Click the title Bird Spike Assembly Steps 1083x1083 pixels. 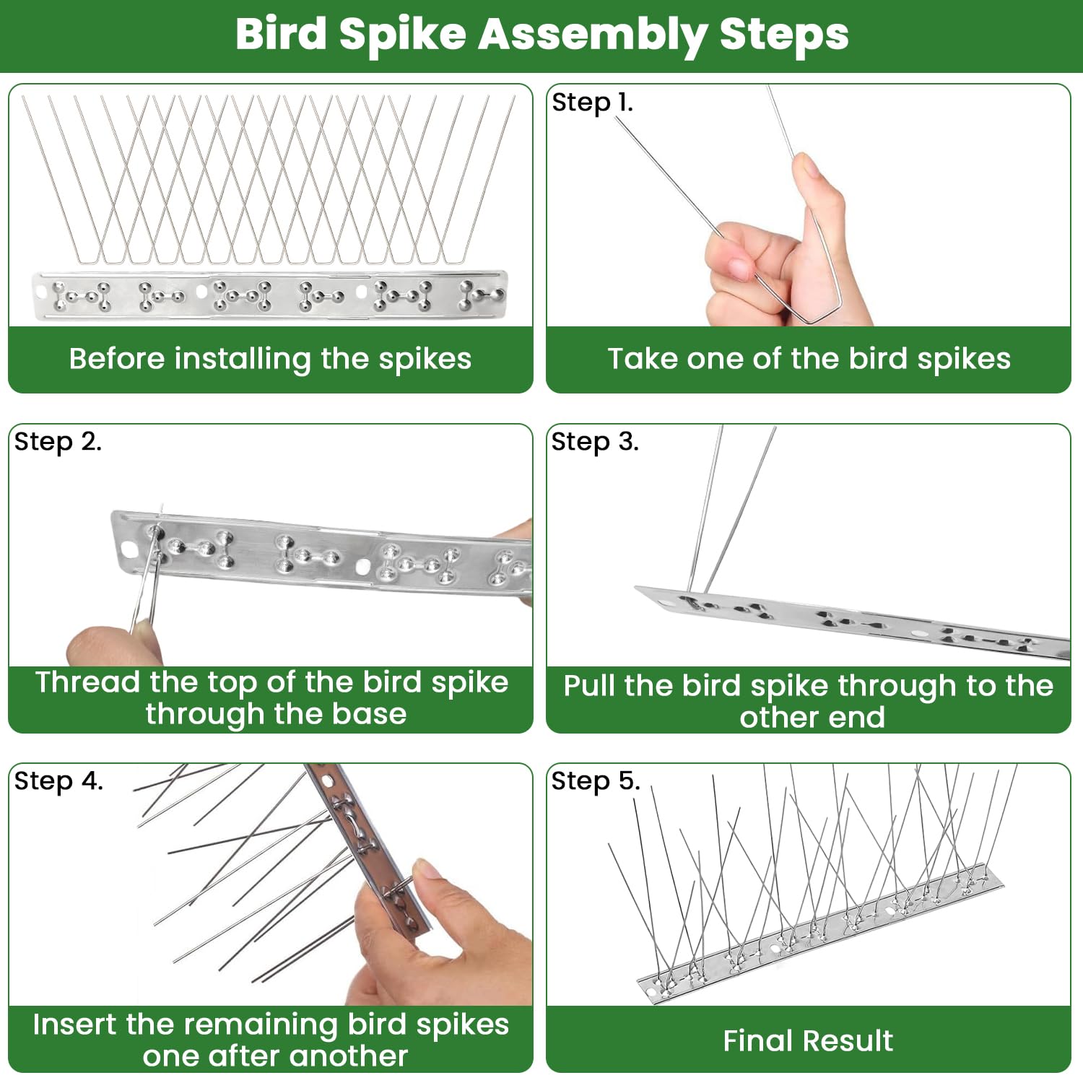coord(541,35)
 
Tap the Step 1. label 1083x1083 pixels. coord(592,103)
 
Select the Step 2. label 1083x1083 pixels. coord(58,442)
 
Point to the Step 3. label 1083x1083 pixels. coord(595,442)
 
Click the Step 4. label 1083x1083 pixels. coord(58,781)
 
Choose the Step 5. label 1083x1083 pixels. coord(596,781)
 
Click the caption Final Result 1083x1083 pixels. coord(808,1041)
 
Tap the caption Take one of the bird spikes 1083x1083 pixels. coord(809,359)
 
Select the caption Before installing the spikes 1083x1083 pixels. coord(270,359)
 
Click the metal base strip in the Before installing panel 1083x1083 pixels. coord(270,295)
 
